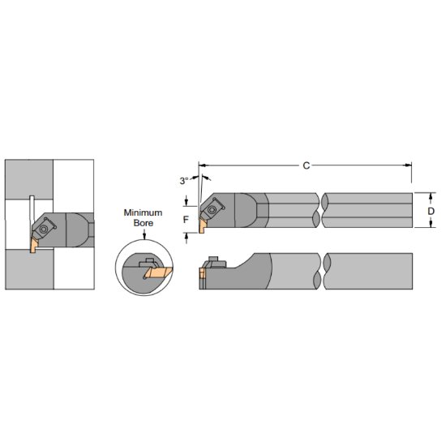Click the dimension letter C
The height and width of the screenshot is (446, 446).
point(307,165)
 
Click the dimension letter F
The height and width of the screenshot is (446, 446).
point(186,219)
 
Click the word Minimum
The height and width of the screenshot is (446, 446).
point(143,212)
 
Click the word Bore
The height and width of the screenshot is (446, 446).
point(143,223)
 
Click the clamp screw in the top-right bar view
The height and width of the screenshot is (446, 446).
point(212,208)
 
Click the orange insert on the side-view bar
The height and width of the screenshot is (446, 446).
point(201,276)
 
